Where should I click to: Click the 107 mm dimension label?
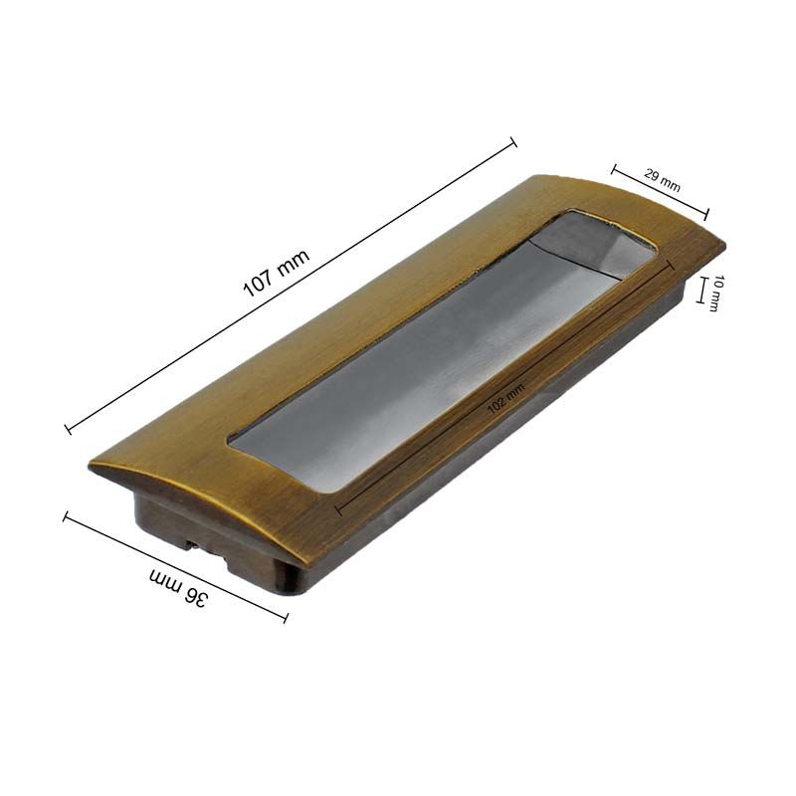pyautogui.click(x=277, y=274)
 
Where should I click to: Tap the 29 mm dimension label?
pyautogui.click(x=662, y=180)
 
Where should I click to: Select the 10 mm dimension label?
pyautogui.click(x=715, y=293)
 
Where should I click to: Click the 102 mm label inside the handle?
pyautogui.click(x=505, y=399)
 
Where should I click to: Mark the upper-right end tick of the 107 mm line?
pyautogui.click(x=513, y=142)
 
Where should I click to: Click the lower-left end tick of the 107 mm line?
pyautogui.click(x=68, y=429)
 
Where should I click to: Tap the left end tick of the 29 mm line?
pyautogui.click(x=614, y=169)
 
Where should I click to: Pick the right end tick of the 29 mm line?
pyautogui.click(x=705, y=214)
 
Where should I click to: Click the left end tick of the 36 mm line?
pyautogui.click(x=66, y=516)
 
